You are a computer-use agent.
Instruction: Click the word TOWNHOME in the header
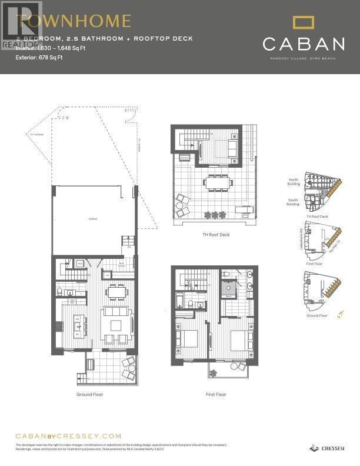click(x=74, y=22)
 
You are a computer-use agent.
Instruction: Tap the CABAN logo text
click(x=304, y=44)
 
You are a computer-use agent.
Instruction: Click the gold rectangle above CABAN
click(x=304, y=23)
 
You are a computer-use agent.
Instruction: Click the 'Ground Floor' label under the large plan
click(x=89, y=394)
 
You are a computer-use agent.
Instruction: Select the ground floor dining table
click(x=116, y=292)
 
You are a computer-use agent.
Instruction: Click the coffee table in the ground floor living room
click(x=115, y=325)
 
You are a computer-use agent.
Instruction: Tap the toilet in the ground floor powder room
click(x=61, y=291)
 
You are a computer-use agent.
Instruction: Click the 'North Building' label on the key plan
click(x=294, y=182)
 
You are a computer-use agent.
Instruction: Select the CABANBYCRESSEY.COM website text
click(x=68, y=436)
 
